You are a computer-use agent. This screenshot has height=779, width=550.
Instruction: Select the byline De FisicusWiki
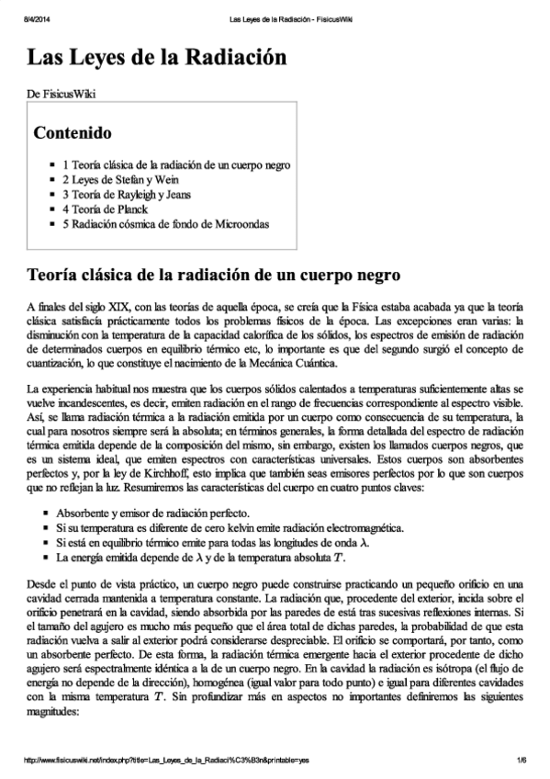click(62, 94)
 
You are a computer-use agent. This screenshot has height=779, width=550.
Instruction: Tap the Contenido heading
click(73, 132)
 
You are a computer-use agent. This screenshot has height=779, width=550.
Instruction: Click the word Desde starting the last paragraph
click(42, 585)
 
